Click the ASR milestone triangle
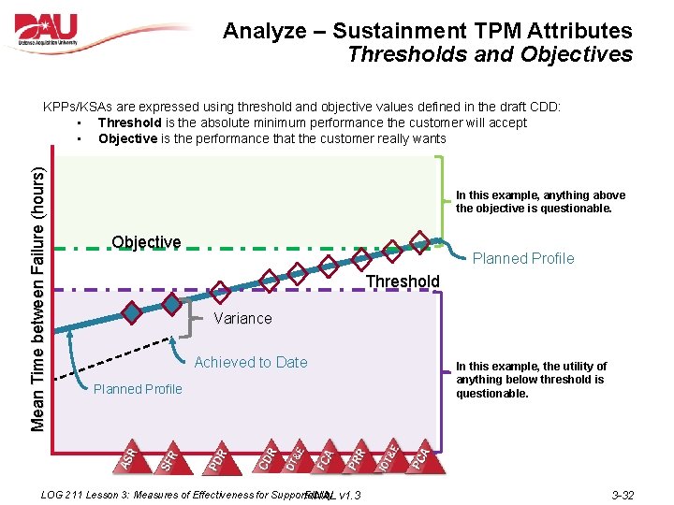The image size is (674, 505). click(x=132, y=454)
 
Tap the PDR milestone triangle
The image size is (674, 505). click(x=219, y=456)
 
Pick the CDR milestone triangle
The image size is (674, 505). click(x=267, y=456)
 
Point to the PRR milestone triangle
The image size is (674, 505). click(x=357, y=456)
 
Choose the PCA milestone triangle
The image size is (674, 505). click(x=423, y=456)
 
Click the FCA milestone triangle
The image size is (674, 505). click(x=324, y=456)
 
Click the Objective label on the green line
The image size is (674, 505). click(x=146, y=242)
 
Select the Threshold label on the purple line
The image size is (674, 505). click(x=403, y=281)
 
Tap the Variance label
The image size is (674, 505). click(x=243, y=318)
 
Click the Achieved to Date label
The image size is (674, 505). click(x=251, y=362)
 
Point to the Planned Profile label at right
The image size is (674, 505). click(x=523, y=258)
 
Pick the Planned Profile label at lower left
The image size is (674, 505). click(x=138, y=389)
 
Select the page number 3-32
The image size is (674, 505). click(x=623, y=495)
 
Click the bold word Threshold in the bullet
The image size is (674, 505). click(x=129, y=123)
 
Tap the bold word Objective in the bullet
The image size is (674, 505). click(x=127, y=138)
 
